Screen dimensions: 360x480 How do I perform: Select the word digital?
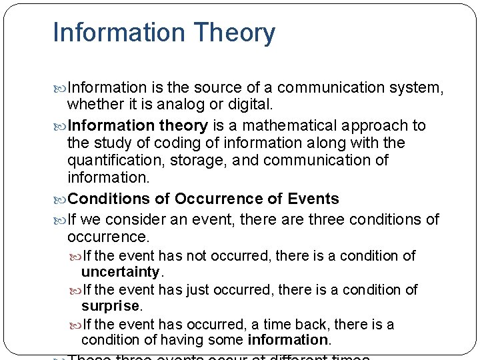click(249, 105)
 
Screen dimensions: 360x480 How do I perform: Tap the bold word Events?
click(313, 199)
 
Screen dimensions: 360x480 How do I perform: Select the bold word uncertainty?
click(120, 272)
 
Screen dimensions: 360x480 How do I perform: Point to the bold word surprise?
click(110, 307)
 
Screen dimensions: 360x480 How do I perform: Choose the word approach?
click(380, 125)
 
